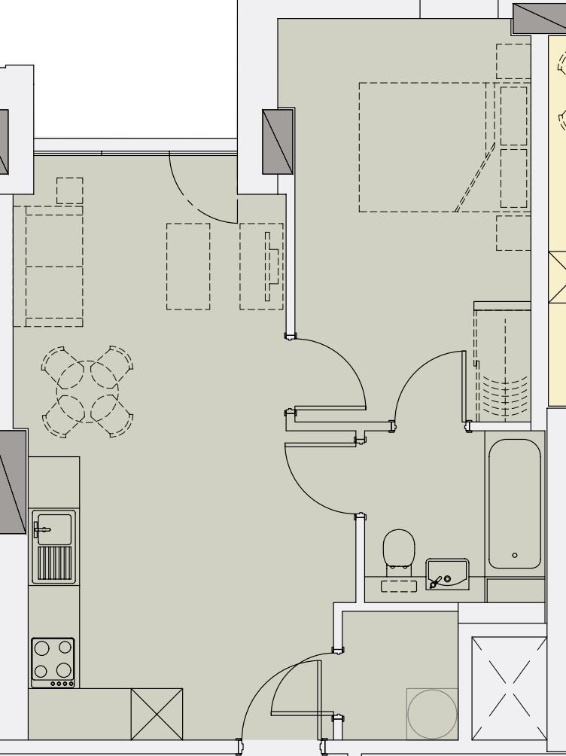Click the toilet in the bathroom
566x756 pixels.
399,547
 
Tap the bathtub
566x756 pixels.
515,503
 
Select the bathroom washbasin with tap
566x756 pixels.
446,574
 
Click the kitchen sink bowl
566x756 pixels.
53,528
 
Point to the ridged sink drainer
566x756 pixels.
54,563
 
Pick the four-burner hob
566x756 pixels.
53,662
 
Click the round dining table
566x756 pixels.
87,391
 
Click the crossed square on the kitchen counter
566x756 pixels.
157,713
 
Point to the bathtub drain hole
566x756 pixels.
515,555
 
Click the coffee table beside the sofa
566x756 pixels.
188,266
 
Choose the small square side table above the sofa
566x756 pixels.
69,190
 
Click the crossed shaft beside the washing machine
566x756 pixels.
509,687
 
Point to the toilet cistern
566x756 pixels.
399,586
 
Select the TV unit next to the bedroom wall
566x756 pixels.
261,266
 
